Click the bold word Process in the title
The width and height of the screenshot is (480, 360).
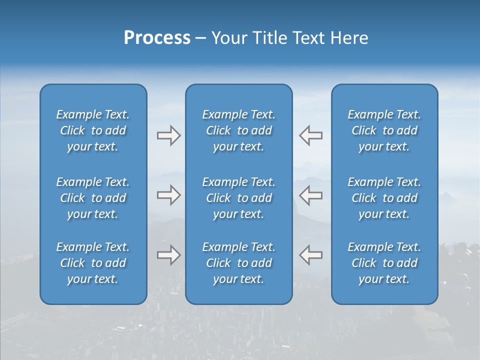157,38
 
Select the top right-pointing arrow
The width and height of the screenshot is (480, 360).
168,135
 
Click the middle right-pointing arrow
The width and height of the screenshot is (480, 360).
168,195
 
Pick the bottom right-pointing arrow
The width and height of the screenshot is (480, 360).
168,255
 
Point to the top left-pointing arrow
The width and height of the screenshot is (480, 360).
310,135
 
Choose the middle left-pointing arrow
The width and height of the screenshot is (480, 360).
310,195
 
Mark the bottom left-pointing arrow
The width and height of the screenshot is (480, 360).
310,255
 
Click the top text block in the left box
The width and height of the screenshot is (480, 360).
93,130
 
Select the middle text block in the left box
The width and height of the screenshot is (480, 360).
93,198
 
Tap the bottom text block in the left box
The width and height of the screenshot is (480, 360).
93,263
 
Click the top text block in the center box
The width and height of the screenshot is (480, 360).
238,130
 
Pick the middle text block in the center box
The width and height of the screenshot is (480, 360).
238,198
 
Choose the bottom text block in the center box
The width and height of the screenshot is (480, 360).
238,263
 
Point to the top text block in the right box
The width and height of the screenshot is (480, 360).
384,130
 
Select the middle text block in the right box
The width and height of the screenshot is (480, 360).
384,198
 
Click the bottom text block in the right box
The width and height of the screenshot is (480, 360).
384,263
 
